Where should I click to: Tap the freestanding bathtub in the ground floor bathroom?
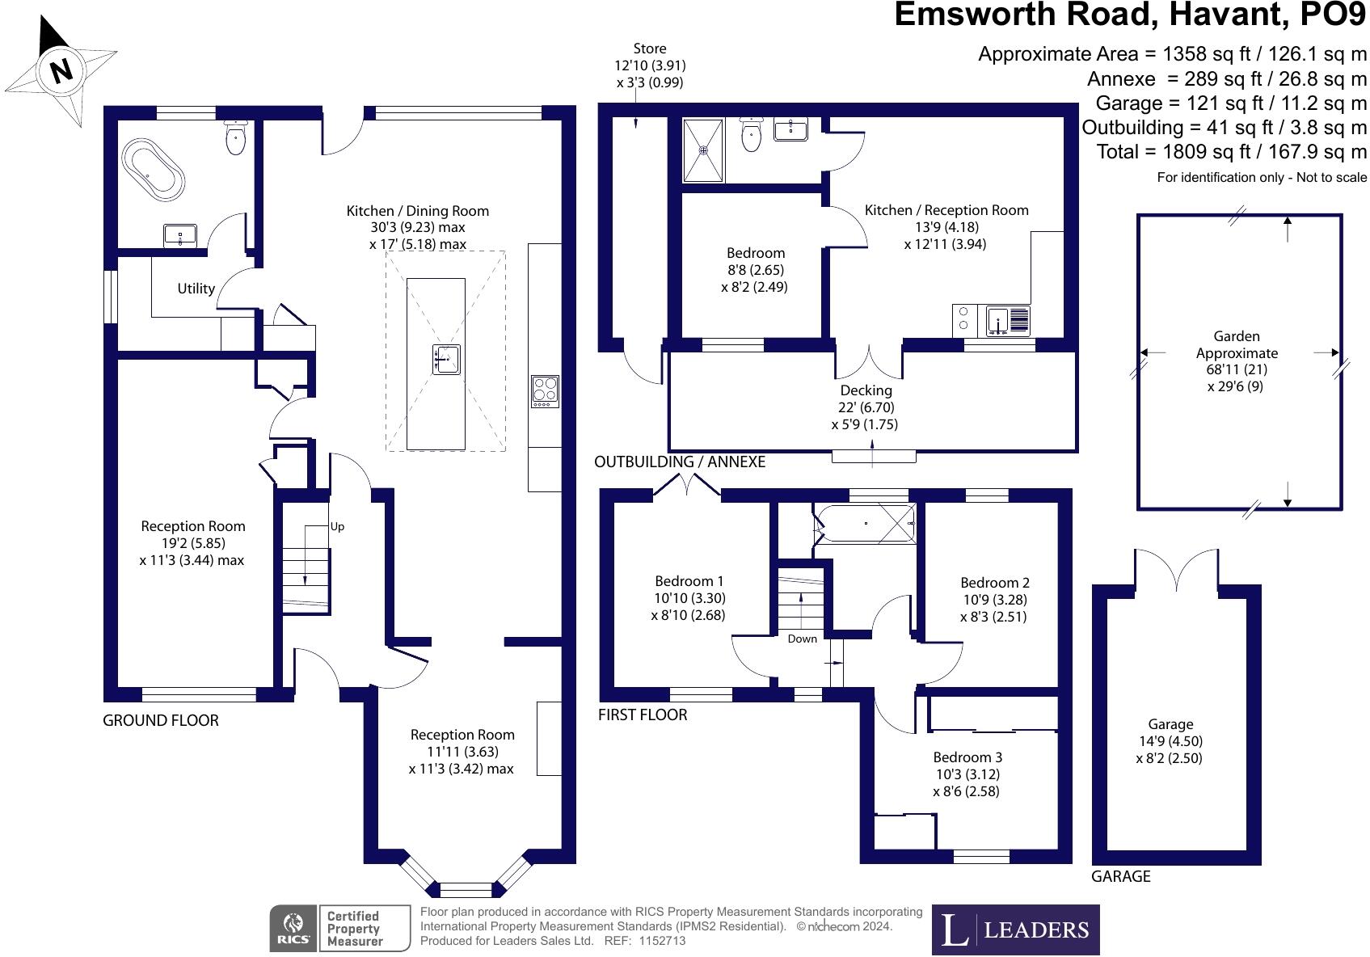click(x=153, y=168)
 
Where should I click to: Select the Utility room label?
click(x=196, y=289)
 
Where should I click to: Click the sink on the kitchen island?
click(x=445, y=359)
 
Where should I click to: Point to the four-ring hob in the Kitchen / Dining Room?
click(x=545, y=391)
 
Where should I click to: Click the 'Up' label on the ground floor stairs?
click(x=337, y=526)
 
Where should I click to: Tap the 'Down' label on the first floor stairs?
click(x=802, y=639)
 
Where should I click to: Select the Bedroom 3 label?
click(x=967, y=757)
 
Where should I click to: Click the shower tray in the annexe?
click(x=704, y=150)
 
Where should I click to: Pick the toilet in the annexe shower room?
click(x=751, y=134)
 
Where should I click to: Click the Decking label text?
click(x=866, y=390)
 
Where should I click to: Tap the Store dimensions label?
click(x=650, y=65)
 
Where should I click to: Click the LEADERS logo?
click(x=1015, y=930)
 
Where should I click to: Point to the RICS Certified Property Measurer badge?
click(x=339, y=928)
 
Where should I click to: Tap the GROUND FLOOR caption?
click(x=160, y=720)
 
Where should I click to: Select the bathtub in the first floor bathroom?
click(x=865, y=524)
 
